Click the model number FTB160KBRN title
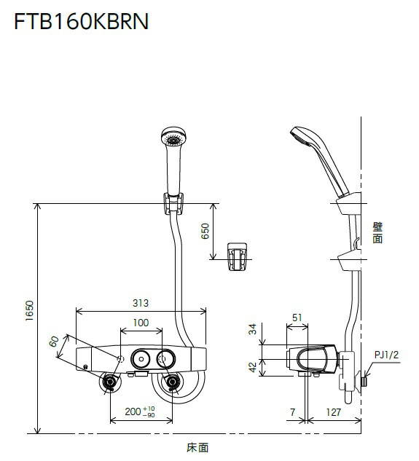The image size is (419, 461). (81, 21)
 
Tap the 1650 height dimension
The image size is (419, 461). (29, 311)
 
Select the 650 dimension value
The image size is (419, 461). (205, 231)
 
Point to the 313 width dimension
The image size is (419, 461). (141, 303)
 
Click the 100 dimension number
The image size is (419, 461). (141, 323)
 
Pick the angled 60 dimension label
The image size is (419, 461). (54, 342)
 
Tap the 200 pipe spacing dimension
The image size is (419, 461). (140, 411)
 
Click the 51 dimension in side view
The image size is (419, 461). (297, 318)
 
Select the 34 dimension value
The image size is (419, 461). (252, 329)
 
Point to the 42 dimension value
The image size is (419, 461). (252, 367)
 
